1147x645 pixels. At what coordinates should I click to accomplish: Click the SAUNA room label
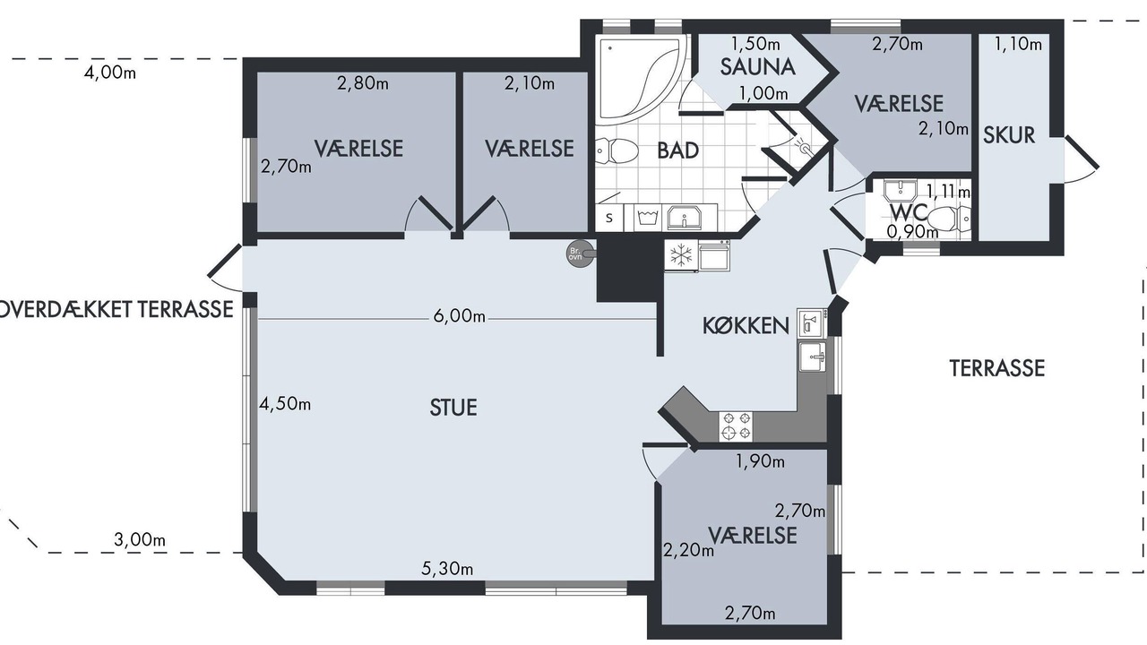pyautogui.click(x=757, y=67)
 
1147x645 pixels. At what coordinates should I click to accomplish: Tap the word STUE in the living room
pyautogui.click(x=453, y=408)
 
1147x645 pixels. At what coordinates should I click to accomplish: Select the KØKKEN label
pyautogui.click(x=746, y=325)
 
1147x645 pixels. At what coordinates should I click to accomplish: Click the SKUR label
pyautogui.click(x=1009, y=135)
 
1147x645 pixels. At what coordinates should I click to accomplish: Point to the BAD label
pyautogui.click(x=678, y=150)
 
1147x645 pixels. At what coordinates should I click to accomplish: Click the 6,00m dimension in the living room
pyautogui.click(x=460, y=316)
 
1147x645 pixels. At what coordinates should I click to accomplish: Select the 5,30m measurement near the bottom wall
pyautogui.click(x=447, y=568)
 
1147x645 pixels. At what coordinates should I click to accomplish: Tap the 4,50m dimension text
pyautogui.click(x=285, y=404)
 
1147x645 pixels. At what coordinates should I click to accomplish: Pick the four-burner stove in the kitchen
pyautogui.click(x=736, y=426)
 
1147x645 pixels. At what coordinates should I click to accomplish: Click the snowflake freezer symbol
pyautogui.click(x=680, y=255)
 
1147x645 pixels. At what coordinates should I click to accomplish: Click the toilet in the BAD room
pyautogui.click(x=617, y=151)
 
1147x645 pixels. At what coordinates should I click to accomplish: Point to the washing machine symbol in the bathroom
pyautogui.click(x=648, y=217)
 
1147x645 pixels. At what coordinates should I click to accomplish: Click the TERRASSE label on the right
pyautogui.click(x=997, y=368)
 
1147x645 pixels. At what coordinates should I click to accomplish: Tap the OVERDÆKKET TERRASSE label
pyautogui.click(x=116, y=310)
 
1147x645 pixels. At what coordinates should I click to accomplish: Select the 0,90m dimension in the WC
pyautogui.click(x=912, y=232)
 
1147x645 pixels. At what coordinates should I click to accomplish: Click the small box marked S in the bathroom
pyautogui.click(x=609, y=218)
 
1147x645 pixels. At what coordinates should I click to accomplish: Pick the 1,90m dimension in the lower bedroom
pyautogui.click(x=761, y=461)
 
